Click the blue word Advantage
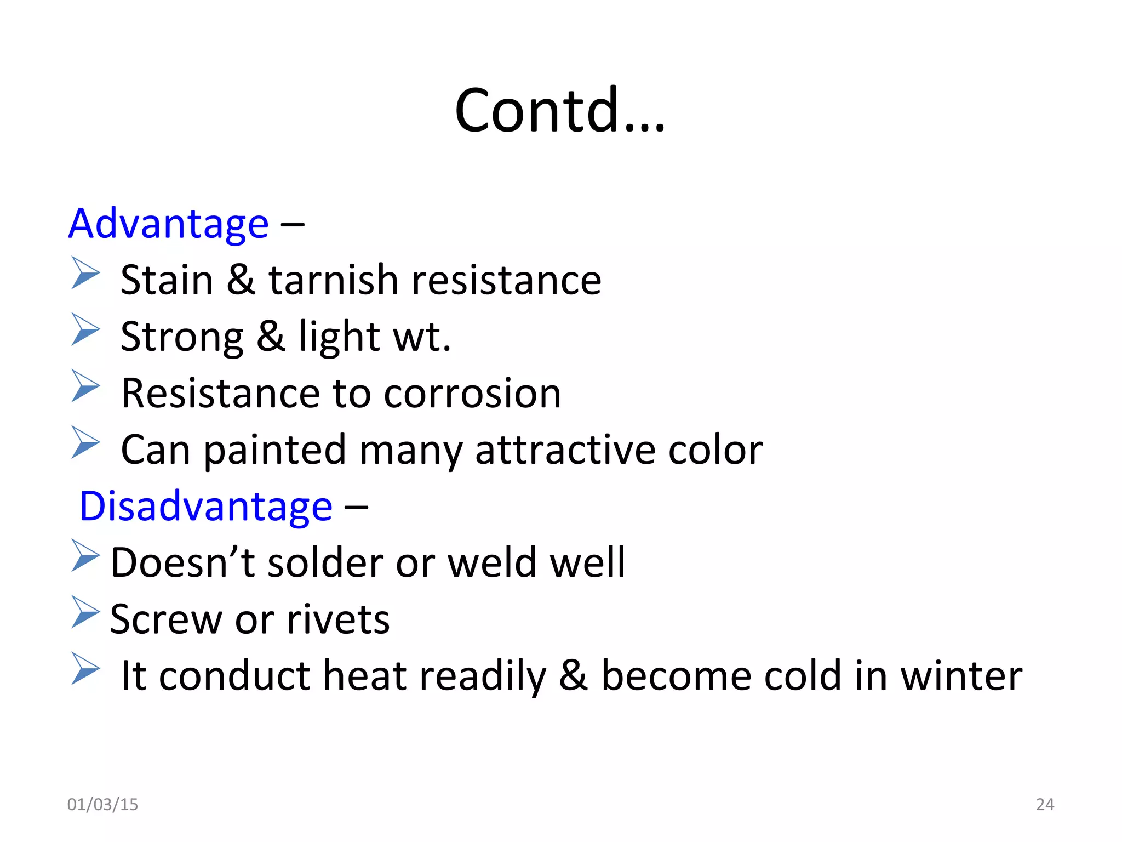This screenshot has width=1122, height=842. click(x=168, y=224)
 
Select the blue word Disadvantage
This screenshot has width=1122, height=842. click(x=206, y=506)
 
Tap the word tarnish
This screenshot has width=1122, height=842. click(x=334, y=280)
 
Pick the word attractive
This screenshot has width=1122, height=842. click(x=565, y=450)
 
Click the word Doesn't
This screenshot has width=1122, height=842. click(x=183, y=563)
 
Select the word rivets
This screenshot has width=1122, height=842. click(x=338, y=619)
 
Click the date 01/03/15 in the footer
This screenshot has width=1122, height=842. click(x=102, y=804)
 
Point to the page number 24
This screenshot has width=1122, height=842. click(x=1045, y=804)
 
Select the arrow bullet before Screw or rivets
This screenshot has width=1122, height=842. click(x=85, y=612)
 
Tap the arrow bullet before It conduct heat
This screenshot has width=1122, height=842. click(x=85, y=668)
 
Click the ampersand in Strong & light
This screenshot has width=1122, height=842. click(x=271, y=337)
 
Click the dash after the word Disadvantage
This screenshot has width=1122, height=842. click(x=356, y=508)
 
